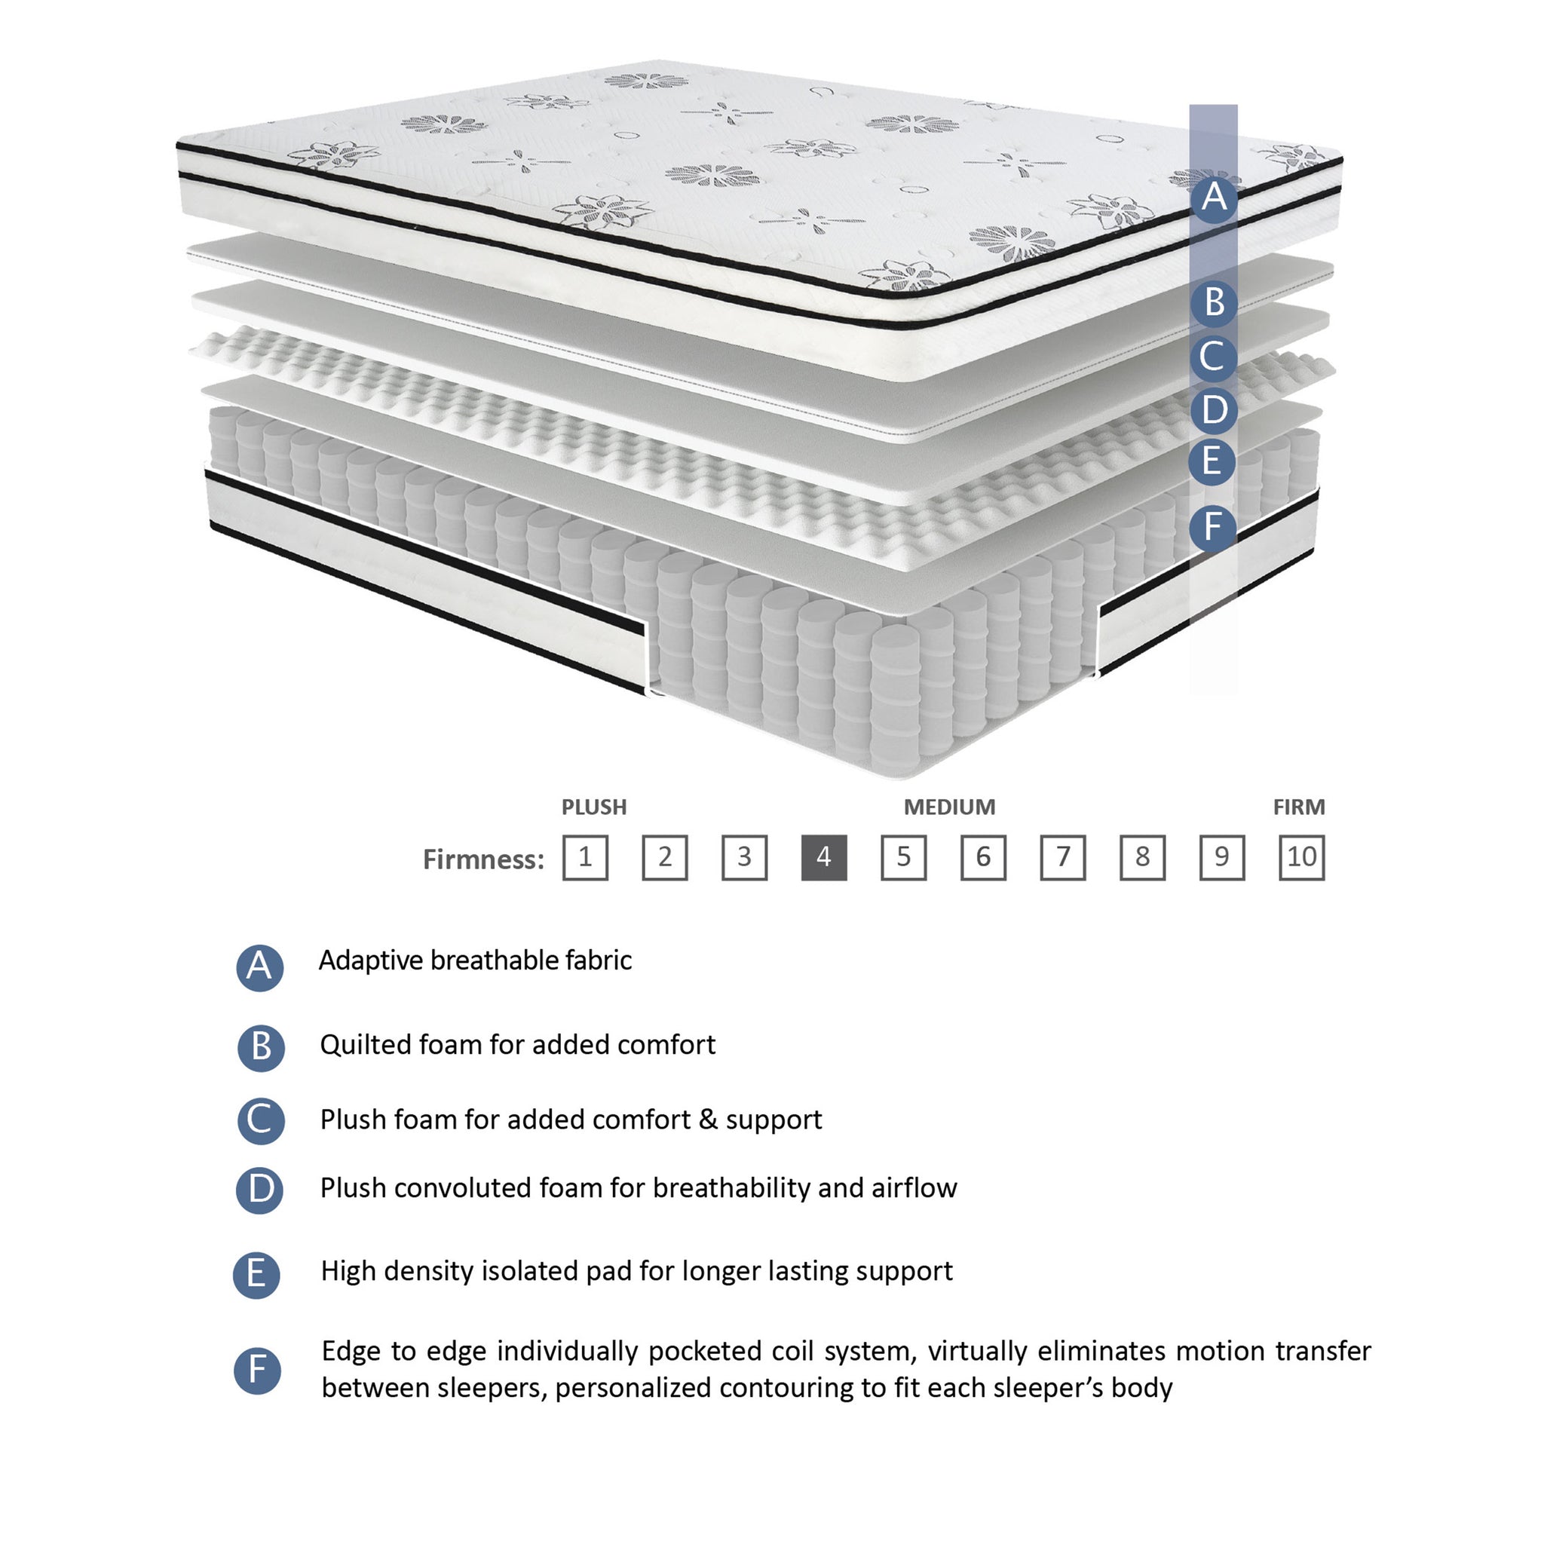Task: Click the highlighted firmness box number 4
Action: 824,857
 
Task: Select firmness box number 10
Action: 1301,857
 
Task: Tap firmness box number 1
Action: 585,857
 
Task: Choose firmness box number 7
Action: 1063,857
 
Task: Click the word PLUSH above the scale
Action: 594,807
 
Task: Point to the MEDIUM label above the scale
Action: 949,807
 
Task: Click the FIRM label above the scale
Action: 1299,807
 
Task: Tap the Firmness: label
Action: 483,859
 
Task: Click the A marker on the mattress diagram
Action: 1214,197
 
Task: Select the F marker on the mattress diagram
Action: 1213,528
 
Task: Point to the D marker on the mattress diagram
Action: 1214,410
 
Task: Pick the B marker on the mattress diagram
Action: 1214,303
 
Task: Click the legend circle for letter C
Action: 261,1120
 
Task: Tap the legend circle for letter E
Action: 256,1275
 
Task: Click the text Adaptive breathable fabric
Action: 476,960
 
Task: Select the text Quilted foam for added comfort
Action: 518,1044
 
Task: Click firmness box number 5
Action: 904,857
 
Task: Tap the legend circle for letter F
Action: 257,1371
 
